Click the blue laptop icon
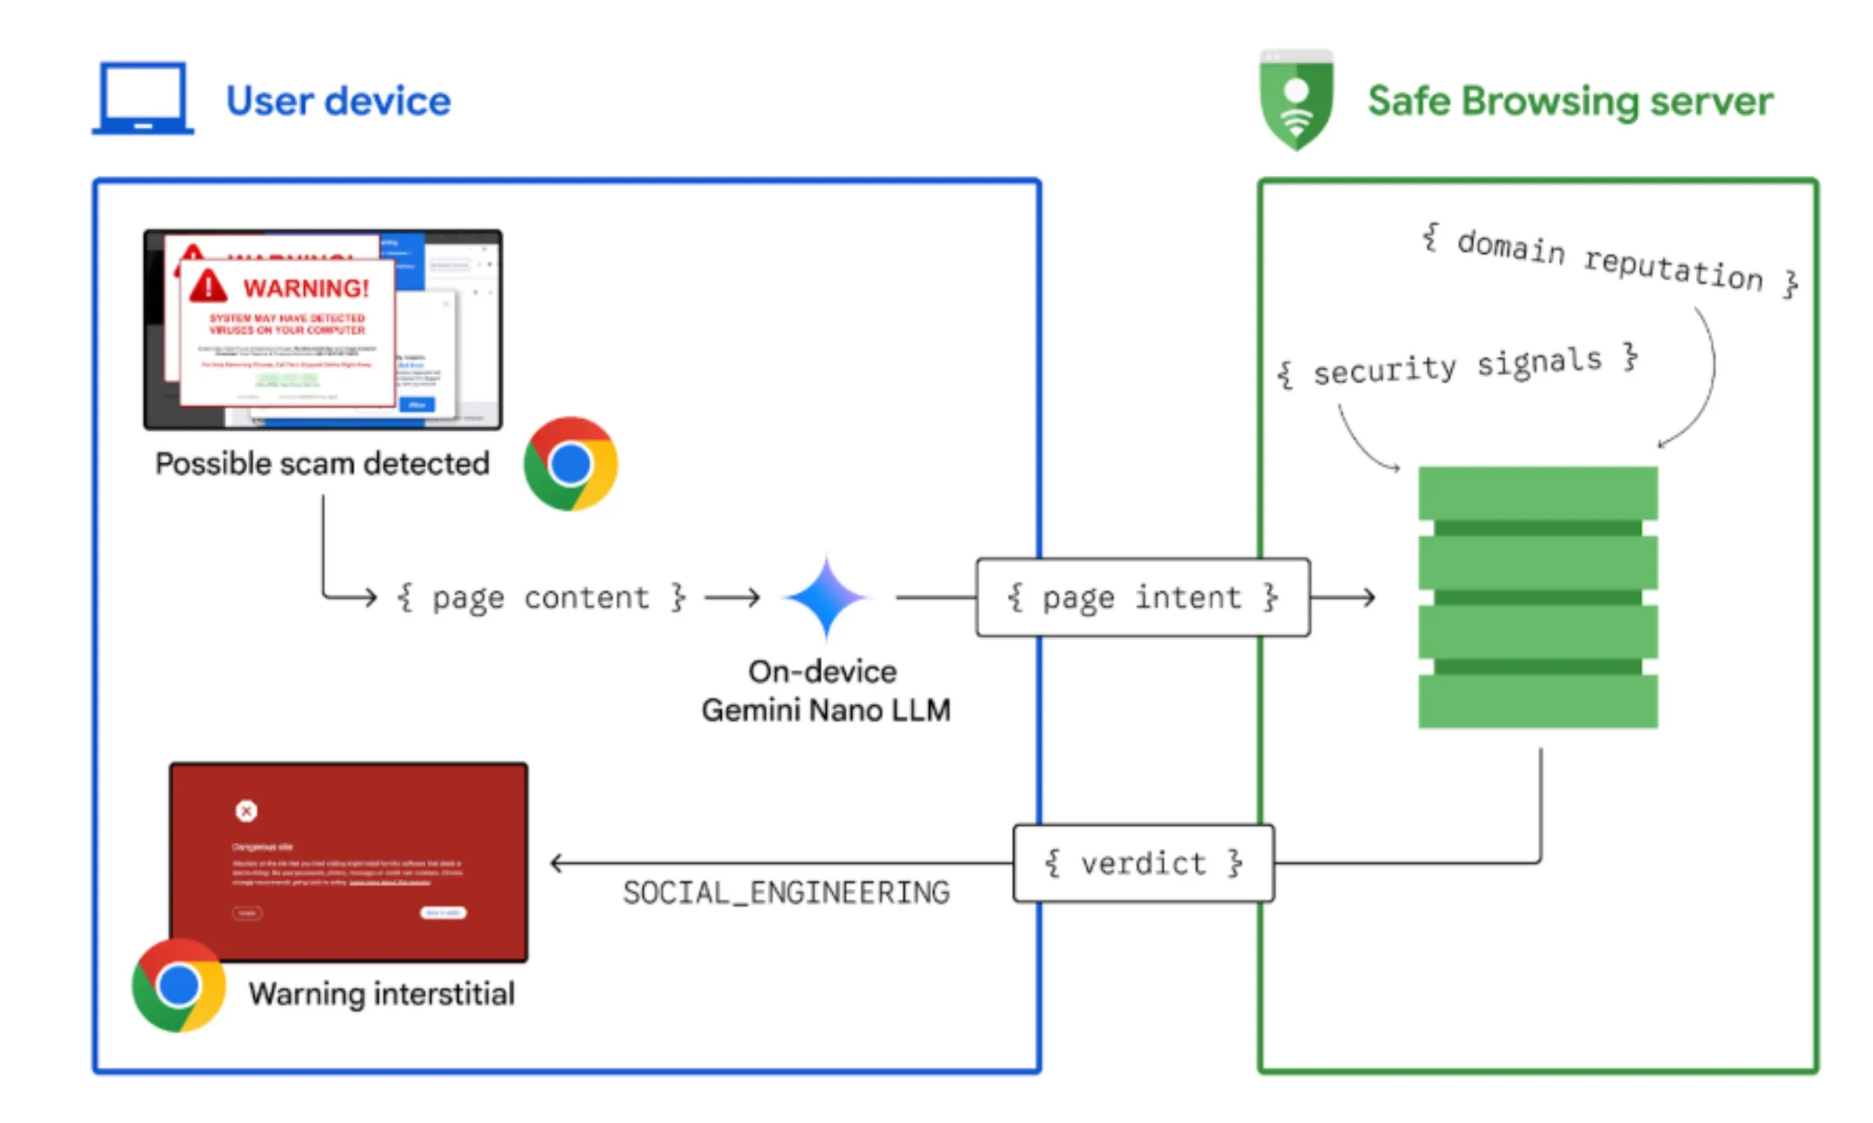[142, 98]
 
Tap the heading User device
[338, 101]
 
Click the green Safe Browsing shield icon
[1295, 100]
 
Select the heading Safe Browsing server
[1570, 101]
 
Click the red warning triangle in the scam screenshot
[208, 286]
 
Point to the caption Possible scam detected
[321, 463]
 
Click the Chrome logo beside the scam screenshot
[570, 463]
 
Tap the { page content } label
[541, 598]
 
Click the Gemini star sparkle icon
[826, 596]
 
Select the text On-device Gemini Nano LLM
[825, 691]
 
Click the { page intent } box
[1142, 598]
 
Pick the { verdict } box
[1143, 863]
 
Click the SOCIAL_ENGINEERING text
[786, 893]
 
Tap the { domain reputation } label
[1609, 261]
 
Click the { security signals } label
[1456, 365]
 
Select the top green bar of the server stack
[1537, 493]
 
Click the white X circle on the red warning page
[246, 812]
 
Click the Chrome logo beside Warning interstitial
[178, 985]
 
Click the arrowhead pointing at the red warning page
[557, 863]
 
